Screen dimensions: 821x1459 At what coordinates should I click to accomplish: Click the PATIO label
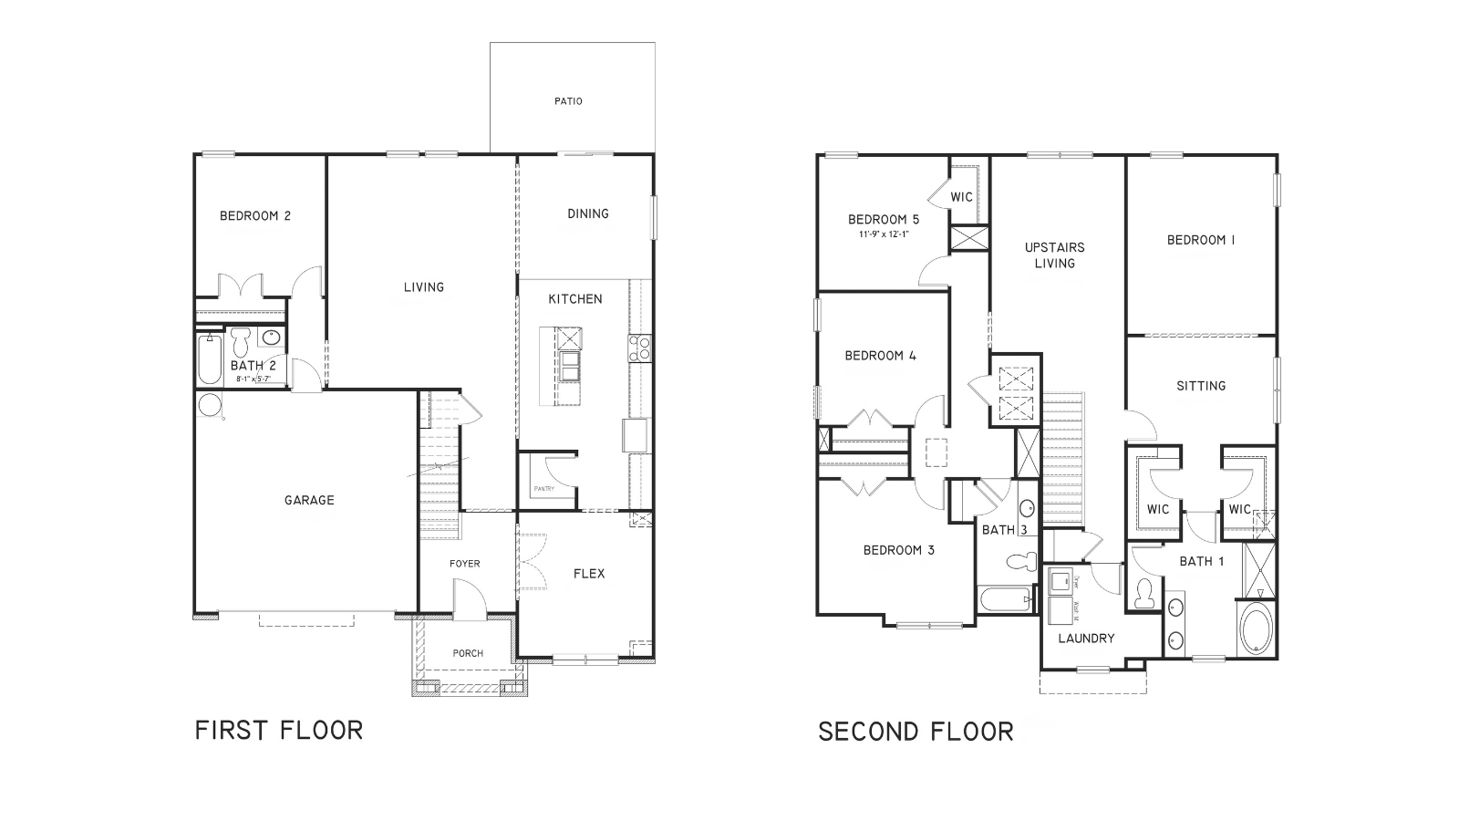[x=568, y=101]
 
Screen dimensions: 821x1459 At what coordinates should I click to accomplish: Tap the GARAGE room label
[x=309, y=500]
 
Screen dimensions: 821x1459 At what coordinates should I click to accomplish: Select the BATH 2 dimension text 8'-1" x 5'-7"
[x=253, y=378]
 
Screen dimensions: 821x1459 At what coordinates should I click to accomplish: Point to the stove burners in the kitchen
[x=639, y=347]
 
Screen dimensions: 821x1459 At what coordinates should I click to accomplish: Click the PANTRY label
[x=544, y=489]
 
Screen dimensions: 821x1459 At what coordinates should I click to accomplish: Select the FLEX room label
[x=588, y=574]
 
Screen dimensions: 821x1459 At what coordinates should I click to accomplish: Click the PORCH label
[x=468, y=653]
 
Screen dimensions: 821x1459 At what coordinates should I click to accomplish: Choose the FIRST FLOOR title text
[x=279, y=730]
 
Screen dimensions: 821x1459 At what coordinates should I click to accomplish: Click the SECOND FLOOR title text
[x=916, y=731]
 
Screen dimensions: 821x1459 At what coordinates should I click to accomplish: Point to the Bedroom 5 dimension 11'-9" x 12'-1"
[x=883, y=234]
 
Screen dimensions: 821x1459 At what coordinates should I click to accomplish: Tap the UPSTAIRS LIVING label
[x=1054, y=255]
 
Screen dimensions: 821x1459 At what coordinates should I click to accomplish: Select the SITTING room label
[x=1201, y=386]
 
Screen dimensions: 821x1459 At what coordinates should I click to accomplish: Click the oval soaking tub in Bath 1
[x=1256, y=629]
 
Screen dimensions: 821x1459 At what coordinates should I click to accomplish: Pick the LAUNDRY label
[x=1086, y=639]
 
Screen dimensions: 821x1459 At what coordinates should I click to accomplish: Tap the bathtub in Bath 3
[x=1004, y=600]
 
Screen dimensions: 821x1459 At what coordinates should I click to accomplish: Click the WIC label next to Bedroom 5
[x=962, y=197]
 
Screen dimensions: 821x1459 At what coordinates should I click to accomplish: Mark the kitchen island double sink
[x=570, y=366]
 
